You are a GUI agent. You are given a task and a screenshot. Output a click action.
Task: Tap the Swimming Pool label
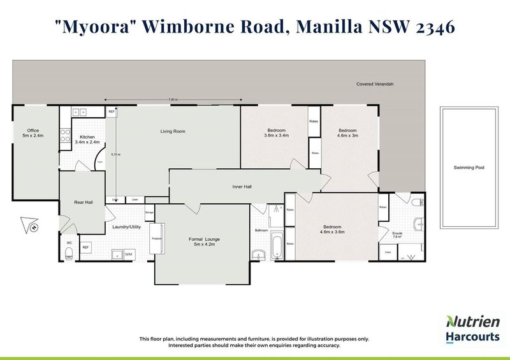469,167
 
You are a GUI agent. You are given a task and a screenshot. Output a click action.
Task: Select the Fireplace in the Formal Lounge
156,239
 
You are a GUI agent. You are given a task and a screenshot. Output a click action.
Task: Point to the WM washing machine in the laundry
128,254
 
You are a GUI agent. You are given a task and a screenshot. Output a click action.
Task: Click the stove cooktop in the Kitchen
64,135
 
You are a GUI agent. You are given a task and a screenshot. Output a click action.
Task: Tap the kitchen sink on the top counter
81,112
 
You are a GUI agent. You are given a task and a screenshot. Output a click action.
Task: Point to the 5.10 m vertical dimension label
115,154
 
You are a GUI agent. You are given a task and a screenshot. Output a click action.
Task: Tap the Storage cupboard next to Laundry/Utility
149,212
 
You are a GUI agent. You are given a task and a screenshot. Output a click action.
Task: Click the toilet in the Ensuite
416,203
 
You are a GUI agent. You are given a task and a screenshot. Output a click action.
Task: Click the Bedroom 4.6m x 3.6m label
331,229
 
